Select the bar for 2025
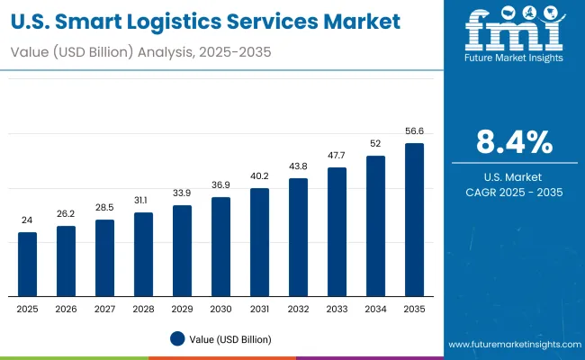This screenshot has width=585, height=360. point(28,265)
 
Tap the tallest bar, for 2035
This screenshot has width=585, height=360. point(414,220)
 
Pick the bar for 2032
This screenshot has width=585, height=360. point(299,238)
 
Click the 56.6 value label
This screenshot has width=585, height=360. point(414,131)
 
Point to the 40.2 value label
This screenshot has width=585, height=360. point(260,175)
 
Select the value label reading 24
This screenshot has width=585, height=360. point(28,220)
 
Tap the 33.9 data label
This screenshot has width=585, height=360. point(183,193)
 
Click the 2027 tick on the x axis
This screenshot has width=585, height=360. point(105,309)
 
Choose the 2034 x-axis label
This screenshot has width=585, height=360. point(375,309)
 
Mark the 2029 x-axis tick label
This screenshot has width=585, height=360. point(183,309)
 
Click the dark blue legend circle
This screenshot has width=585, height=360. point(177,338)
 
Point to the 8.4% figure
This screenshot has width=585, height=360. point(514,142)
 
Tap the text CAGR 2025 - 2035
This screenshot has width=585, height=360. point(514,192)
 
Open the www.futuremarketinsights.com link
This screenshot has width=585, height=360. point(512,345)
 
